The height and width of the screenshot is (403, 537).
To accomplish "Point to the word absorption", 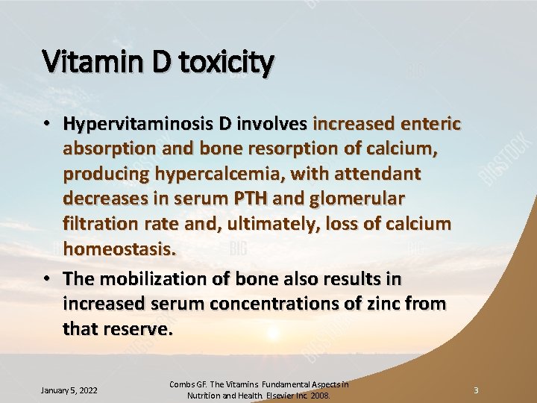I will (x=106, y=149).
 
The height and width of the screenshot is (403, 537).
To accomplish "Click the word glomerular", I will (x=364, y=199).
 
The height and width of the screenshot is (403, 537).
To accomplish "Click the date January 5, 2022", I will (x=69, y=390).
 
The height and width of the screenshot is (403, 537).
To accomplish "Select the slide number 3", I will (x=475, y=390).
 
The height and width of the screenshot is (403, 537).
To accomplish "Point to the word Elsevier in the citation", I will (x=274, y=396).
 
